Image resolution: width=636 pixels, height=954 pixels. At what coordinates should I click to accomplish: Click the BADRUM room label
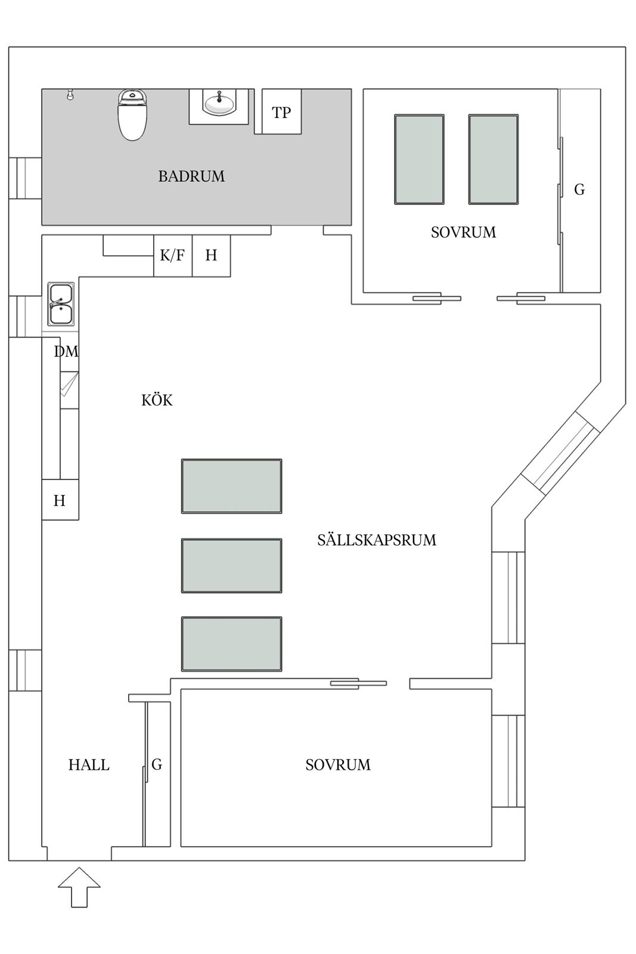pyautogui.click(x=191, y=176)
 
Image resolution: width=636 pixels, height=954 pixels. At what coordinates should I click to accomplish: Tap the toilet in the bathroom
pyautogui.click(x=132, y=114)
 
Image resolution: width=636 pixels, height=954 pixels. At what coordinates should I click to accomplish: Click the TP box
pyautogui.click(x=281, y=111)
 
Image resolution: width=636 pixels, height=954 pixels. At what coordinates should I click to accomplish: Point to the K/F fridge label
pyautogui.click(x=172, y=255)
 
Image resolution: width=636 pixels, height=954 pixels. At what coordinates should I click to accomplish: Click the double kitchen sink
pyautogui.click(x=61, y=304)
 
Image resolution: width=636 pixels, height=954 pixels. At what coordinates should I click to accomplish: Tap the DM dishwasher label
pyautogui.click(x=66, y=351)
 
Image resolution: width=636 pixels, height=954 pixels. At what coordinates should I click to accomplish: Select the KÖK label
pyautogui.click(x=157, y=400)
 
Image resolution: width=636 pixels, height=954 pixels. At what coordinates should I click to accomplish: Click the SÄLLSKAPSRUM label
pyautogui.click(x=377, y=540)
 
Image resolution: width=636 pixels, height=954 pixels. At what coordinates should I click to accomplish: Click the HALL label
pyautogui.click(x=89, y=765)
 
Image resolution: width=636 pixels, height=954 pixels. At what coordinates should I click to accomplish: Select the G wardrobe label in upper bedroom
pyautogui.click(x=579, y=189)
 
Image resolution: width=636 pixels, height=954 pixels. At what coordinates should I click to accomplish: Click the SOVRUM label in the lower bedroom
pyautogui.click(x=338, y=765)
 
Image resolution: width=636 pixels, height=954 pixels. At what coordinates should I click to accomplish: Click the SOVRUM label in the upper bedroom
pyautogui.click(x=463, y=232)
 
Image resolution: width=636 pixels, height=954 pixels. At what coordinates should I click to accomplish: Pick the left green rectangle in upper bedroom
pyautogui.click(x=419, y=159)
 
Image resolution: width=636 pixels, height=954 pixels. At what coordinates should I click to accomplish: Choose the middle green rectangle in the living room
pyautogui.click(x=232, y=566)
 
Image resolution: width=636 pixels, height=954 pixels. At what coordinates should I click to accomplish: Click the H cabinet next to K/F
pyautogui.click(x=211, y=256)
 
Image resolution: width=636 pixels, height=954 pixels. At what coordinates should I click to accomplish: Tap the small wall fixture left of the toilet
pyautogui.click(x=70, y=94)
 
